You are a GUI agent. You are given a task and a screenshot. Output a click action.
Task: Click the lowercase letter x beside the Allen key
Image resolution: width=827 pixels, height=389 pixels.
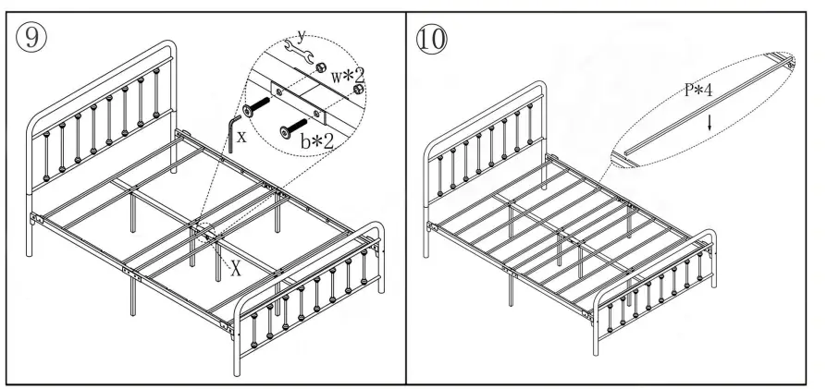(x=241, y=136)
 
